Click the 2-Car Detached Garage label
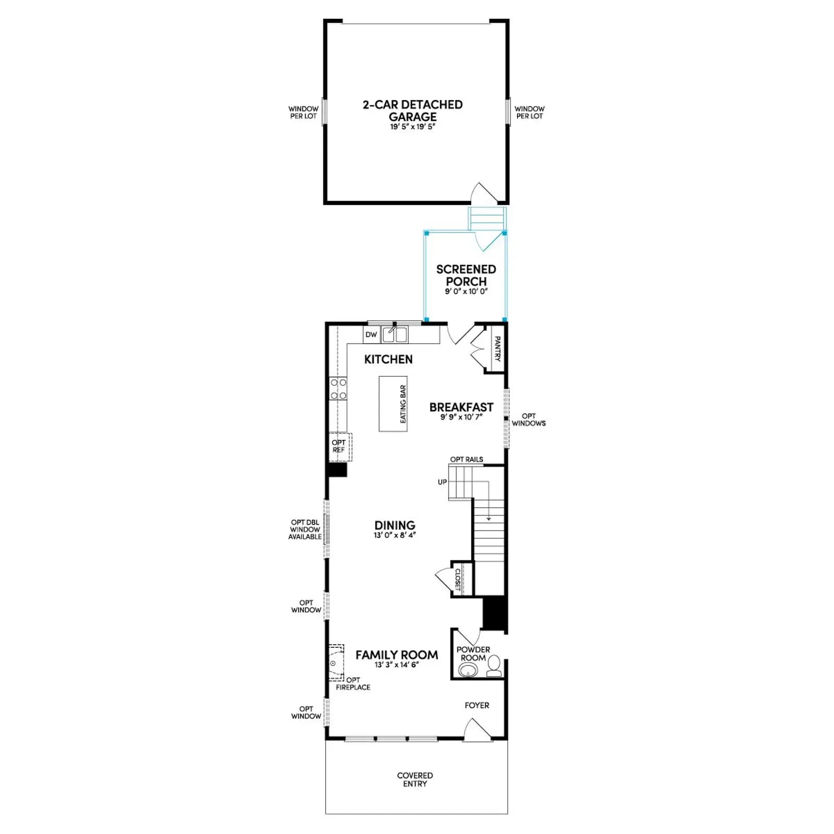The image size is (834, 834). click(x=412, y=111)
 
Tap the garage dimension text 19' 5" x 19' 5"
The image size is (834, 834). click(x=412, y=127)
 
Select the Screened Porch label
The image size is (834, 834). click(x=466, y=275)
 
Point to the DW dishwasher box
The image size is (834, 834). click(x=371, y=335)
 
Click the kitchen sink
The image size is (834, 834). click(x=395, y=335)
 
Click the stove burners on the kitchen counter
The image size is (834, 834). click(x=338, y=389)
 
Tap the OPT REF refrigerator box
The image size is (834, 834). click(x=340, y=447)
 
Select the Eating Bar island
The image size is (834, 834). click(x=393, y=404)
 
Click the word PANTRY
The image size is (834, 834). click(x=497, y=348)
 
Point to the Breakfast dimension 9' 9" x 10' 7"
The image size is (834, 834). click(x=461, y=417)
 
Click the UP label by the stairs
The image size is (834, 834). click(x=442, y=482)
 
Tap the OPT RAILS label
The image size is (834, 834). click(x=467, y=459)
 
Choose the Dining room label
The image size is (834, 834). click(x=395, y=525)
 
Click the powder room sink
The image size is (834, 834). click(x=469, y=670)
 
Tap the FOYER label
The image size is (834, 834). click(x=477, y=705)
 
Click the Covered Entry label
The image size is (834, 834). click(x=415, y=779)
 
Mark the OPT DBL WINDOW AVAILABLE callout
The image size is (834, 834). click(x=305, y=530)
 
